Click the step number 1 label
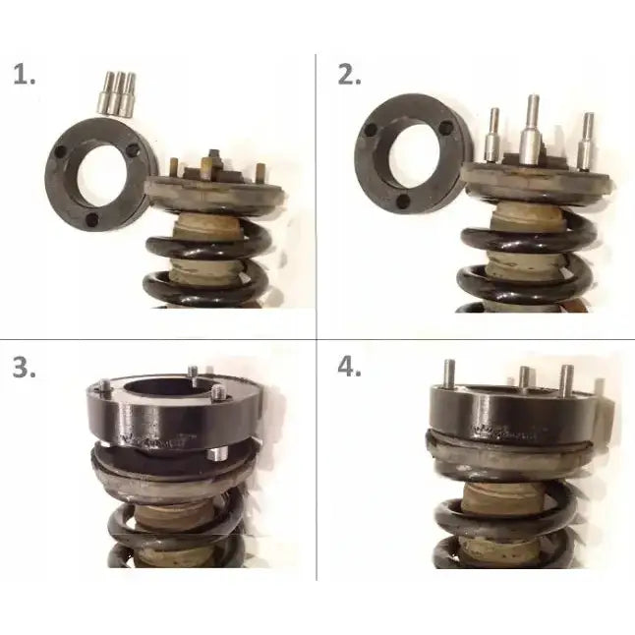click(27, 76)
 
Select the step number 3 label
click(27, 367)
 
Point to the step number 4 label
click(348, 367)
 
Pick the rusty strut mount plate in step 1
click(211, 187)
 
